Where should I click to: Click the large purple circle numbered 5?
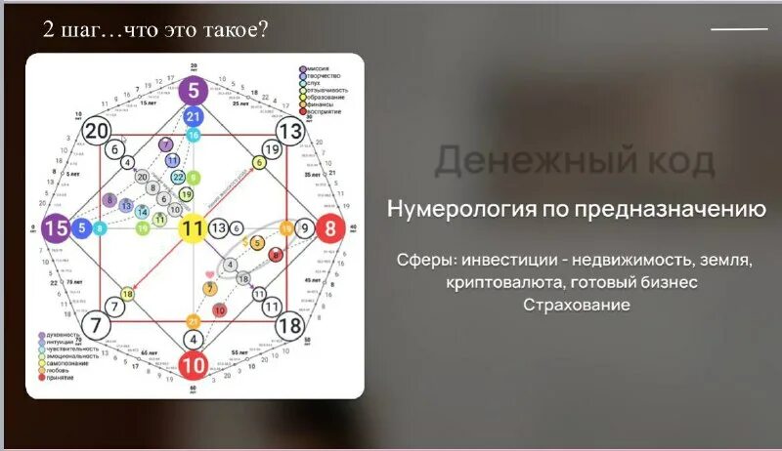coord(194,92)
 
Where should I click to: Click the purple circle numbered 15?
coord(57,229)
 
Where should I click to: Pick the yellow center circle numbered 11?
coord(194,229)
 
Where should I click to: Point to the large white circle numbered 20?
coord(96,132)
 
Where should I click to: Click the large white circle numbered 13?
coord(290,132)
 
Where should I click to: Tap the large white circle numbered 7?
coord(96,326)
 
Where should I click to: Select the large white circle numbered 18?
coord(290,326)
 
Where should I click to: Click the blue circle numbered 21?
coord(194,117)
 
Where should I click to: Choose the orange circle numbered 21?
coord(194,320)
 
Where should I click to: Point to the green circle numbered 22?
coord(178,177)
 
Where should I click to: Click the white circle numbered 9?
coord(304,229)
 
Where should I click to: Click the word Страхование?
coord(577,305)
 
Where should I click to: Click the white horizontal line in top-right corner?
coord(739,30)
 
